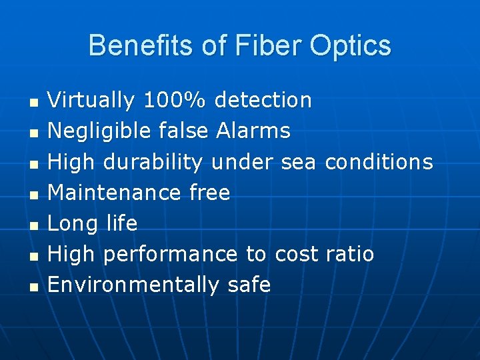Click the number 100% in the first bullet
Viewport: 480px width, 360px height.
click(x=176, y=101)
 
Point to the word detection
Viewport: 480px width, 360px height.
click(x=263, y=101)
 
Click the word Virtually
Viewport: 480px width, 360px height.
click(x=91, y=101)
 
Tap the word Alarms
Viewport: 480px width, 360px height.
click(x=253, y=131)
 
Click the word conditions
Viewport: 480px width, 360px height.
click(x=379, y=162)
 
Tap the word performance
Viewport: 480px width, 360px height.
click(x=171, y=255)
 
